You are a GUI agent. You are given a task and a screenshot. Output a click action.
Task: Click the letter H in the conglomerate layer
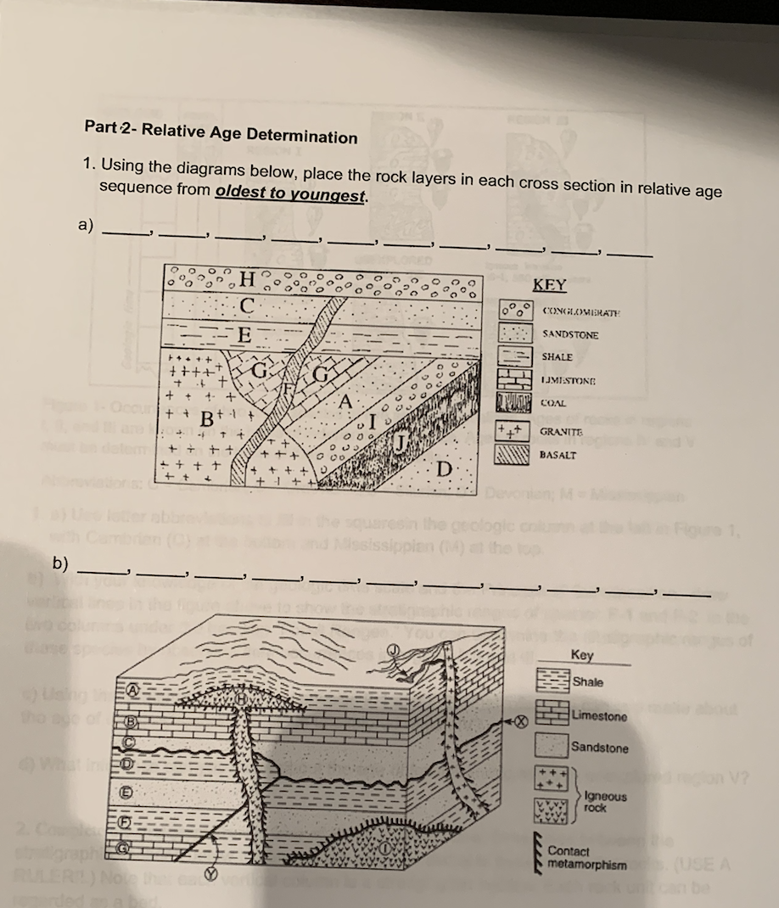click(x=247, y=277)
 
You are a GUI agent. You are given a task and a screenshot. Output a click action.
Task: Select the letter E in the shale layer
click(x=244, y=334)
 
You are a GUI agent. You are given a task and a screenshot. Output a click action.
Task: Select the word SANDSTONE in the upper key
click(x=569, y=334)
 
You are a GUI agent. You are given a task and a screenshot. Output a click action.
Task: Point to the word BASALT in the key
click(x=558, y=455)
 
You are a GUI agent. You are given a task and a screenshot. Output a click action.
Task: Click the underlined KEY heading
click(x=549, y=286)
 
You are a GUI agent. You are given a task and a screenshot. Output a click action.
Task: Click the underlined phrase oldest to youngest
click(x=292, y=194)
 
